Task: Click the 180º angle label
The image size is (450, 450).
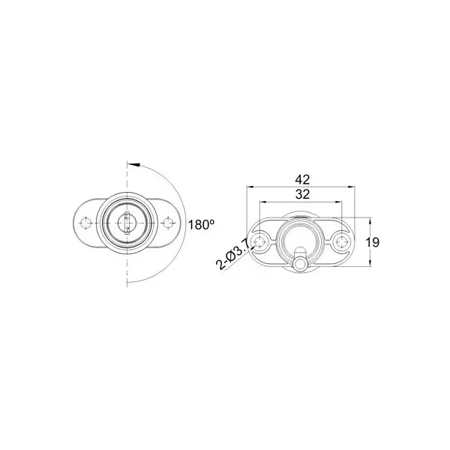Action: pos(202,224)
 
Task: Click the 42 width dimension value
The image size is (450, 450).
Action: pos(303,179)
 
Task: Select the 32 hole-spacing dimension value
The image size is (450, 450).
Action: pos(303,193)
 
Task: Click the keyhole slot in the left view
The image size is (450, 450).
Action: pos(127,222)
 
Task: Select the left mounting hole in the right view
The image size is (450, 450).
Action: pos(260,241)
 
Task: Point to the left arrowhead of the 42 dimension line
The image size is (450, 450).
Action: pos(249,187)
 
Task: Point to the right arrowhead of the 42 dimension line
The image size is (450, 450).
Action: pos(357,187)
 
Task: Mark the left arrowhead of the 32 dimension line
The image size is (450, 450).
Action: pos(262,201)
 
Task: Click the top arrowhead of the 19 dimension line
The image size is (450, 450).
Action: pos(370,220)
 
